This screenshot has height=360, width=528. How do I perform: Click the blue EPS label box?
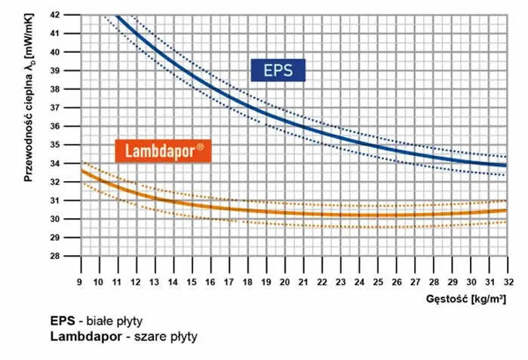coord(278,71)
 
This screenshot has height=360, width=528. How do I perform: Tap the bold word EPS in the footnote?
coord(62,321)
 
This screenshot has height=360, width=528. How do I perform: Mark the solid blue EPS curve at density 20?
coord(284,118)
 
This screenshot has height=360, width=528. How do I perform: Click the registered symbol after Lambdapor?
coord(200,146)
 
